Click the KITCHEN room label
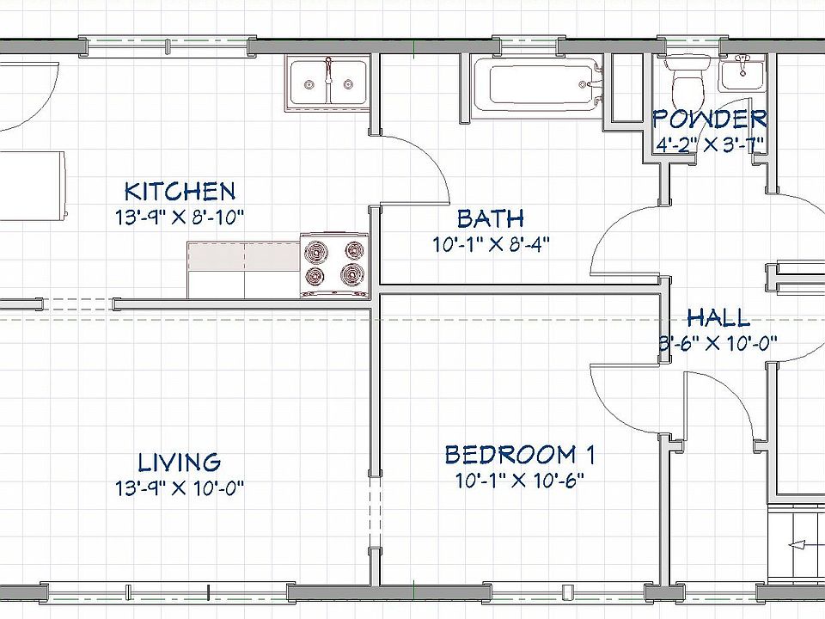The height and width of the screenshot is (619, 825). tap(179, 191)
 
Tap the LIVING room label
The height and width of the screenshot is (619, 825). tap(180, 463)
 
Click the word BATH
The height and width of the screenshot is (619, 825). tap(490, 218)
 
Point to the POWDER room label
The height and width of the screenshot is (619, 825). tap(710, 119)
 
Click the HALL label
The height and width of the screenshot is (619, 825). tap(718, 318)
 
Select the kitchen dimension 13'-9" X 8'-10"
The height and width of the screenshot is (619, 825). tap(180, 218)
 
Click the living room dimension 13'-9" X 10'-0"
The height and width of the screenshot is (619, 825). tap(180, 489)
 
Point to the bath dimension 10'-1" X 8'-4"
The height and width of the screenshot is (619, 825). tap(490, 244)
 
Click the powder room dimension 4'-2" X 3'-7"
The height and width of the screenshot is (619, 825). tap(710, 144)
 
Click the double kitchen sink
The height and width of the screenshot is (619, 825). tap(327, 83)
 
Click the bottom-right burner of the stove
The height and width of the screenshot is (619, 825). tap(352, 276)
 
